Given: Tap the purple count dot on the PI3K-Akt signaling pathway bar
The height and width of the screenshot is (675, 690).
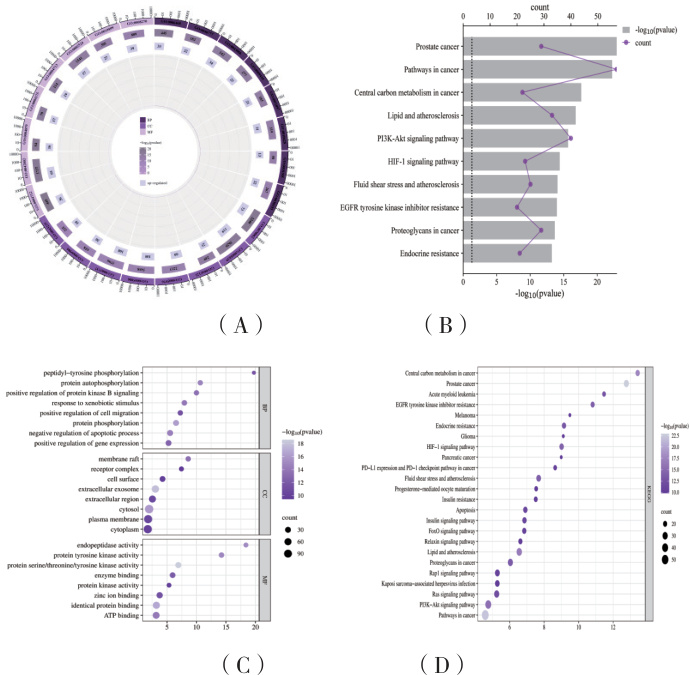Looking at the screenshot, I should point(571,138).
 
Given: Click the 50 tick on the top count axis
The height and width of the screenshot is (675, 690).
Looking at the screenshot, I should point(597,17).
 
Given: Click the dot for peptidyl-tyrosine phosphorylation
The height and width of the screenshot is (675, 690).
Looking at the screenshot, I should point(254,372).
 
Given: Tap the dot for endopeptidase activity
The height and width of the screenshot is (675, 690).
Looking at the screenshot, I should point(245,545).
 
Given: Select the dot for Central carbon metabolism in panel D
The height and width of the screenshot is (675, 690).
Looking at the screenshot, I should point(637,373).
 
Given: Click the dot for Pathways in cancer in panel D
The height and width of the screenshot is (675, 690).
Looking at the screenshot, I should point(486,616).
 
